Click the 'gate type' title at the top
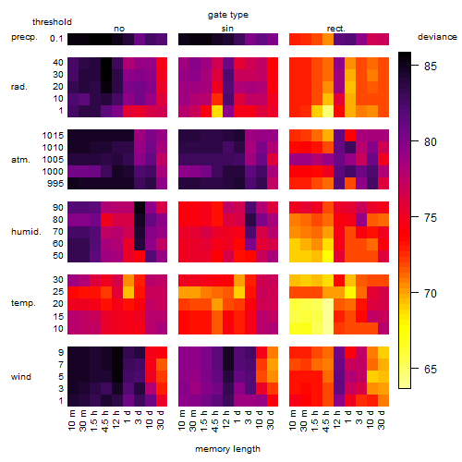[x=228, y=15]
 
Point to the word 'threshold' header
[x=52, y=22]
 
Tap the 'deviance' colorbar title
[x=437, y=37]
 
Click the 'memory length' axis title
[x=227, y=449]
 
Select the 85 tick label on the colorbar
[x=431, y=66]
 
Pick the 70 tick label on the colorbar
[x=431, y=293]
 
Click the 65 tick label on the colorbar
[x=431, y=369]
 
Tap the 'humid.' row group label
[x=26, y=232]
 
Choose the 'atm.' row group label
[x=20, y=160]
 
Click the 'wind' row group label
[x=21, y=377]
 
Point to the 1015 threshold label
[x=53, y=136]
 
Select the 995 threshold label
[x=55, y=184]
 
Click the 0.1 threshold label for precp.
[x=56, y=39]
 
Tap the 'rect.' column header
[x=336, y=29]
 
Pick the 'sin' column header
[x=227, y=29]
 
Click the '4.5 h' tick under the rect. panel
[x=325, y=420]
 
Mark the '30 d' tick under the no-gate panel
[x=160, y=419]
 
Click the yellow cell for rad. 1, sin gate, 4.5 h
[x=217, y=111]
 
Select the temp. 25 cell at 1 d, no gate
[x=128, y=292]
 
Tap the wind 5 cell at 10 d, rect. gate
[x=372, y=376]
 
